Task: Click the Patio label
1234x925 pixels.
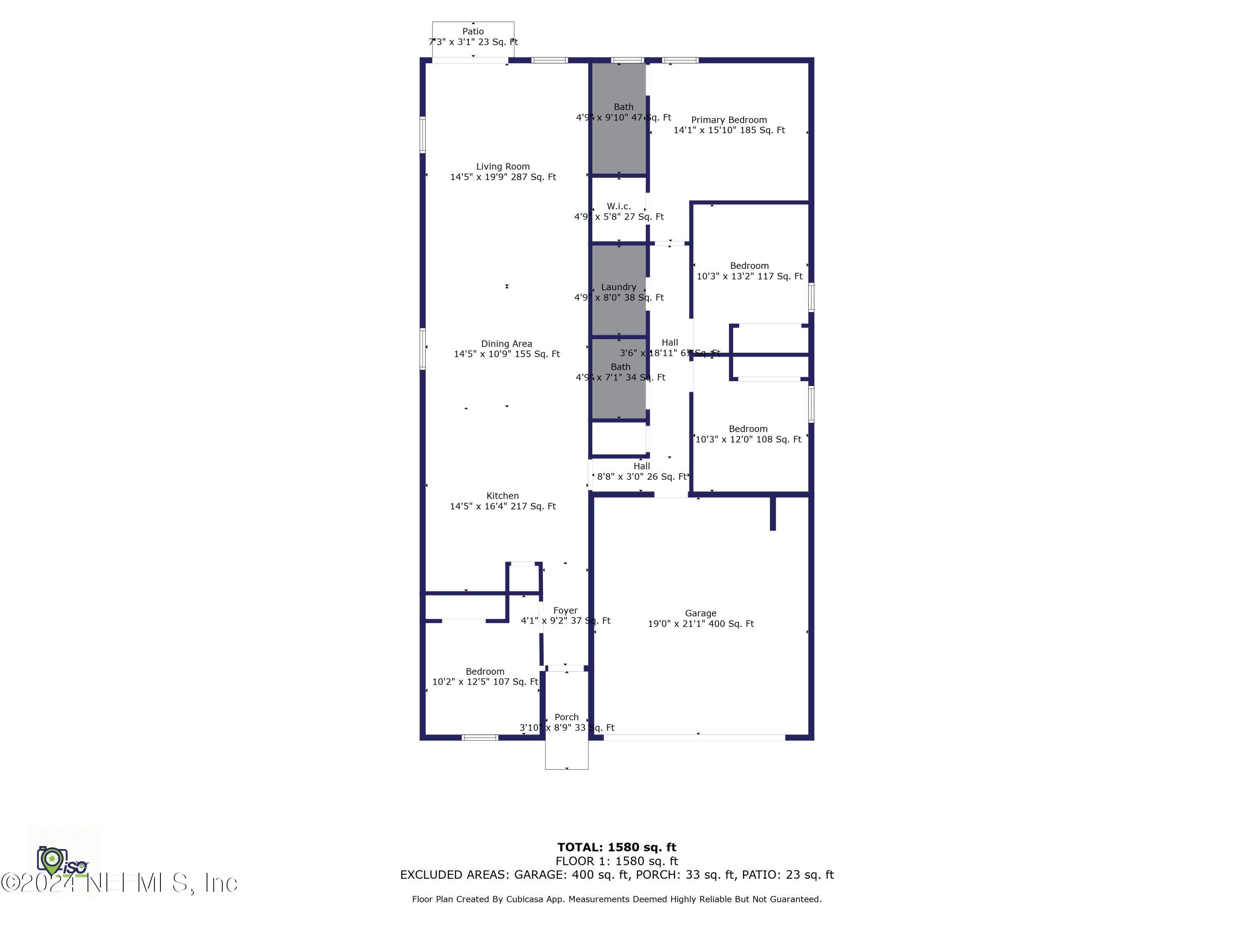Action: tap(473, 32)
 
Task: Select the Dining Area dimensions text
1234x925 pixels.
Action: tap(506, 354)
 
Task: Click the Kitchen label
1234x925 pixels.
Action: tap(503, 496)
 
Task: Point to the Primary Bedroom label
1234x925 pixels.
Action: tap(728, 120)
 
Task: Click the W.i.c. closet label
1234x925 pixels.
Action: tap(619, 206)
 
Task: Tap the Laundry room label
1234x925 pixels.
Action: tap(619, 287)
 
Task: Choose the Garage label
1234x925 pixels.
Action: tap(700, 613)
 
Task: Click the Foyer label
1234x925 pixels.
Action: tap(565, 610)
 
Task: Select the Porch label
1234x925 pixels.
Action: tap(566, 717)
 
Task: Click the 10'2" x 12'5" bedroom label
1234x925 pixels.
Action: tap(485, 672)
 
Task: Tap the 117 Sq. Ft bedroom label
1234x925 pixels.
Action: tap(749, 266)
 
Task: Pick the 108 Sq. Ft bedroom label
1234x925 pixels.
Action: tap(748, 429)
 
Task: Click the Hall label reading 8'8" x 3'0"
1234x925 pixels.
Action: tap(642, 466)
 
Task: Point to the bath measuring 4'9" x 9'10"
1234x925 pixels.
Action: tap(623, 107)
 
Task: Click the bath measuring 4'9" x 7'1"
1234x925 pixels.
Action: tap(620, 367)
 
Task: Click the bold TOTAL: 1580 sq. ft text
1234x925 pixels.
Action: tap(617, 847)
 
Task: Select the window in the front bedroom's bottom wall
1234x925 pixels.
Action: tap(480, 738)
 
